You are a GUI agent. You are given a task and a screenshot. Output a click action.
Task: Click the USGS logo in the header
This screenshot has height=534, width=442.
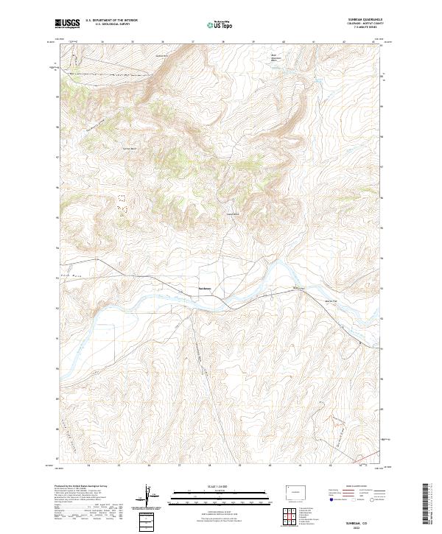(67, 24)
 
